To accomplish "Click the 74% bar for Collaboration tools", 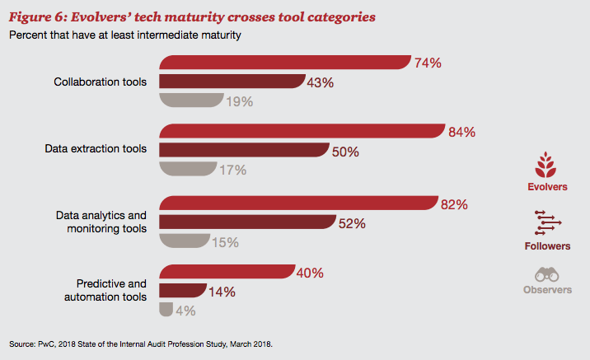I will [x=284, y=63].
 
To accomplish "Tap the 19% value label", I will [x=241, y=101].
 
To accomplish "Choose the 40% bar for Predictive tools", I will [x=227, y=272].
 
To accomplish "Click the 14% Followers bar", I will [x=182, y=291].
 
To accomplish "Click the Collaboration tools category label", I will [x=101, y=82].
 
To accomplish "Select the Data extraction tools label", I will [x=96, y=149].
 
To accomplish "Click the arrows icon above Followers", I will [x=547, y=222].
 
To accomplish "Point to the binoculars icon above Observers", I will [x=547, y=274].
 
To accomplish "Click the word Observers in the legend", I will [x=547, y=290].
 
